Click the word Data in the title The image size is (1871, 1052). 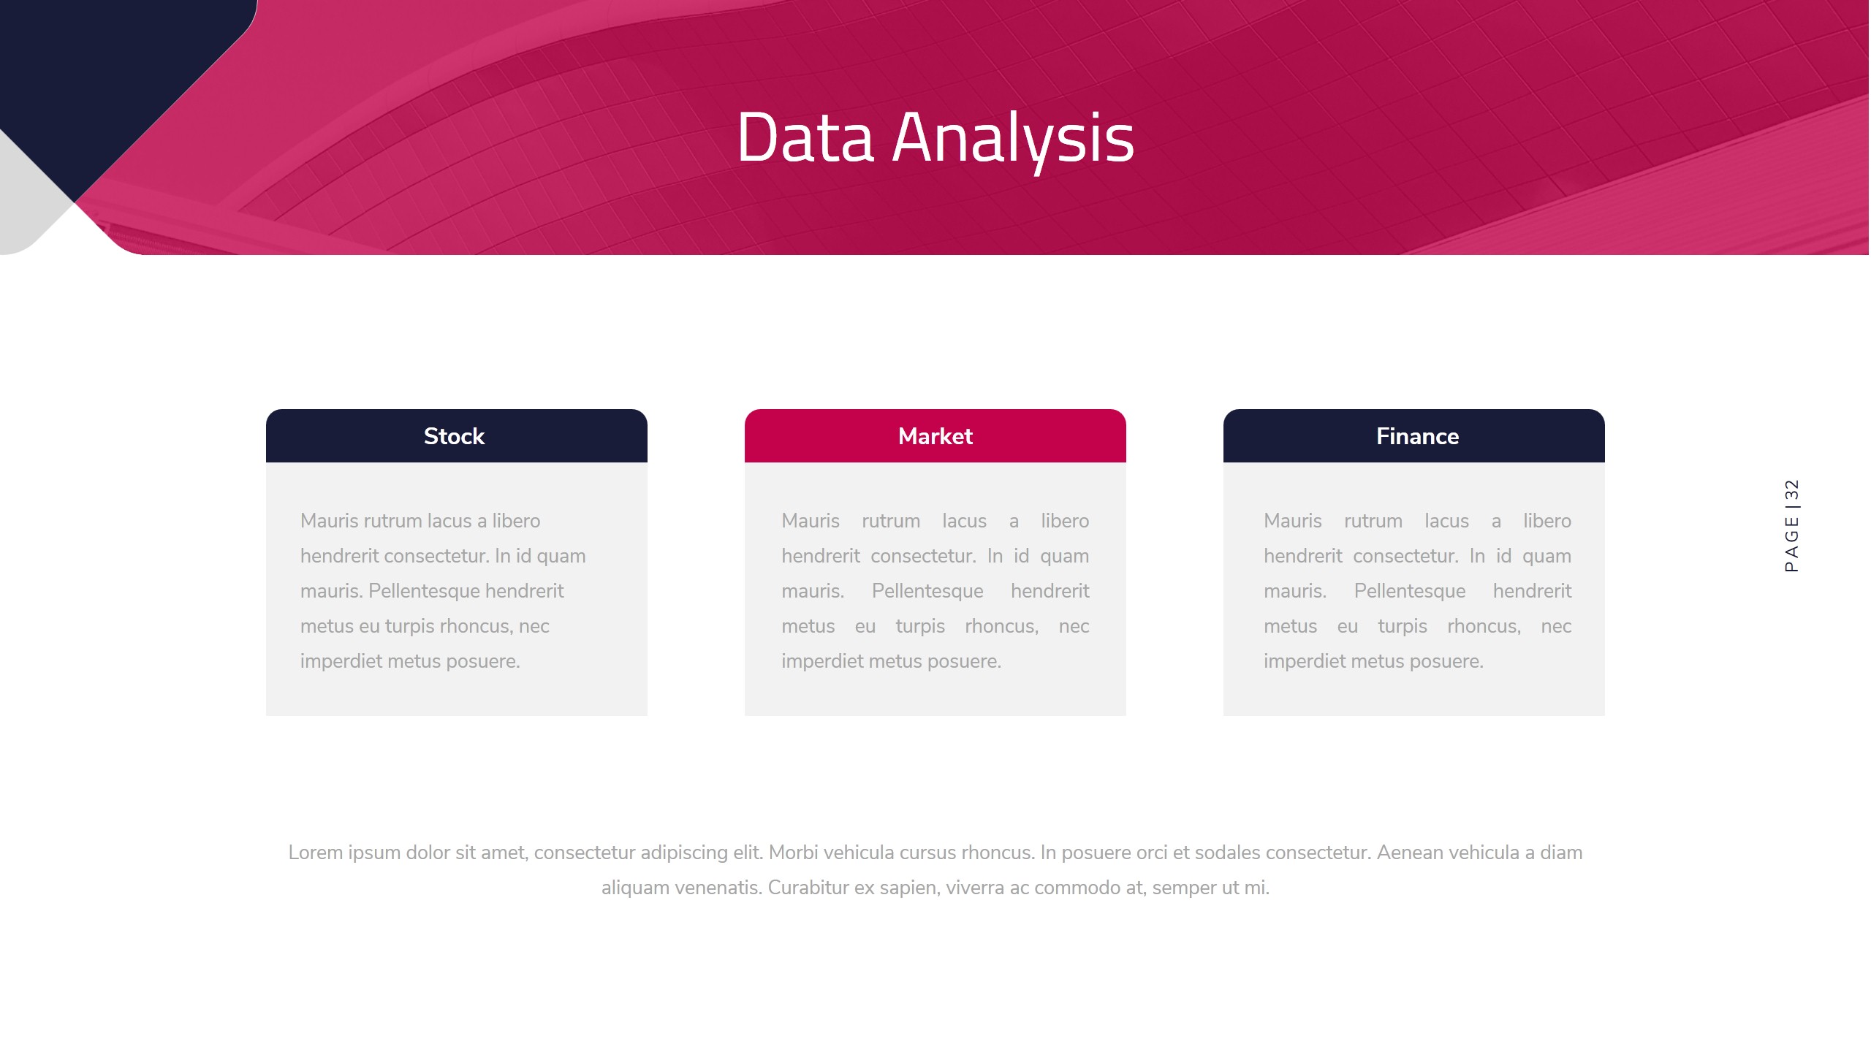click(x=805, y=137)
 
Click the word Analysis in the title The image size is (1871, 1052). click(x=1013, y=140)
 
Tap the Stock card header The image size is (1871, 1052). click(x=457, y=436)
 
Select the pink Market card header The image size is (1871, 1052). click(x=935, y=436)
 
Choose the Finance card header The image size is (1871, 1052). click(x=1414, y=436)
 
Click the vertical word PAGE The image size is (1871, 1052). click(x=1791, y=544)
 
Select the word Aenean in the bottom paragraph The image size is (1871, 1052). click(x=1410, y=853)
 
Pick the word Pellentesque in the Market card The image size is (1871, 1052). click(x=927, y=591)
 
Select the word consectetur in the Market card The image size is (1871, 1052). click(x=923, y=557)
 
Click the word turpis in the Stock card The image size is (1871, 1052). click(x=410, y=627)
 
